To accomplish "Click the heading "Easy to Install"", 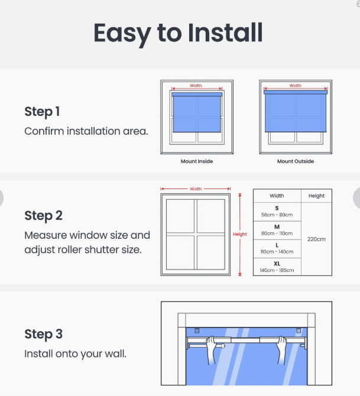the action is [178, 34].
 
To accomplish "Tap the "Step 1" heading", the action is [42, 112].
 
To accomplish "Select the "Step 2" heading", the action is [44, 216].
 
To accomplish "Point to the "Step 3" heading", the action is [44, 334].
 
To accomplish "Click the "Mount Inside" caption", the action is [197, 161].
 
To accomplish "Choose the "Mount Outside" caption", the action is [296, 161].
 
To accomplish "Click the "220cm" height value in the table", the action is [316, 239].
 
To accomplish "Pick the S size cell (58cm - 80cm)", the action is [277, 212].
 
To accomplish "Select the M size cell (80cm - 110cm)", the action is [277, 231].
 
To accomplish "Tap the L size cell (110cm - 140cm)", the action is [277, 249].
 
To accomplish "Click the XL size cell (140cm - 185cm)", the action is [277, 267].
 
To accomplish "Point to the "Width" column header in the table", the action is [277, 196].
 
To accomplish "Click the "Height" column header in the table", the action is [316, 196].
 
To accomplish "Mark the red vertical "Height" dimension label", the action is [240, 234].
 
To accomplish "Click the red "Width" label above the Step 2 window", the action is [196, 189].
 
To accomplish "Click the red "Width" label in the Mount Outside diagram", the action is [296, 86].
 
